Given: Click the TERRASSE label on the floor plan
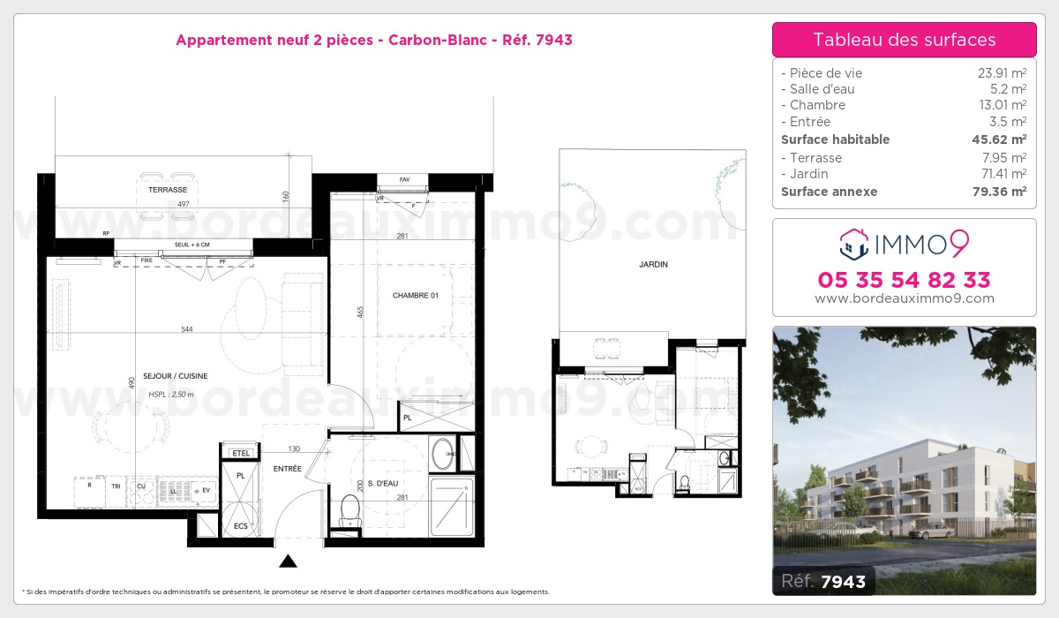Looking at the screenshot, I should coord(168,190).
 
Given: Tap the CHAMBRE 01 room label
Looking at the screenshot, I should coord(416,296).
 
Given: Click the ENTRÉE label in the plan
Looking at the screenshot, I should coord(287,469).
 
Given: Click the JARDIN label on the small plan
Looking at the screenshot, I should coord(653,265).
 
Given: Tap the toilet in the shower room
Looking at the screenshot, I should coord(350,509).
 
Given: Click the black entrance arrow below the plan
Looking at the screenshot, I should coord(288,561).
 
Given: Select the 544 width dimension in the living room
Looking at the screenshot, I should coord(186,329).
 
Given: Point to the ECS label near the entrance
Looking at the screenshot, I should coord(241,526).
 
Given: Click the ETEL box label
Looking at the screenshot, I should coord(240,453).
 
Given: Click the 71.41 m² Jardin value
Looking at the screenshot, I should coord(1005,174).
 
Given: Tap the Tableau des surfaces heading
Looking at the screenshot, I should coord(904,40).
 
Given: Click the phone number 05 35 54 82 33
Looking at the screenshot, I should coord(904,281).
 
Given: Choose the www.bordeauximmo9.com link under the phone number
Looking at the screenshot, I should coord(904,298).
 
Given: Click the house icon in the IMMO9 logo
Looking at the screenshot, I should coord(852,244).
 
